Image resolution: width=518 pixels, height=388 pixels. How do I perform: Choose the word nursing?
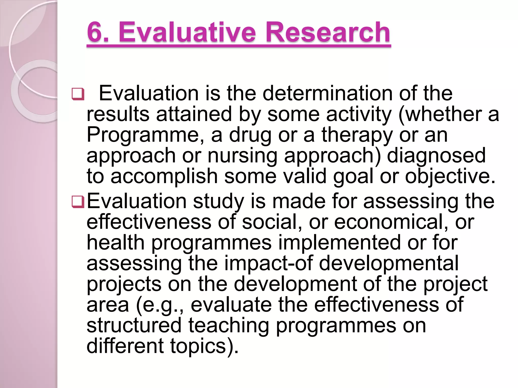tap(243, 156)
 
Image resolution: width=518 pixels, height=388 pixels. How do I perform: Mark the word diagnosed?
tap(436, 156)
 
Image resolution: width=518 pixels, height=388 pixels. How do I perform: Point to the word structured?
tap(134, 325)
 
